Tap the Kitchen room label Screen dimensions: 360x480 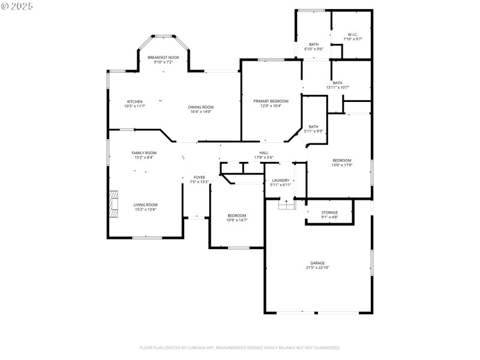tap(134, 101)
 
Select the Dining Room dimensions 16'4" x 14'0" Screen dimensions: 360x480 tap(202, 112)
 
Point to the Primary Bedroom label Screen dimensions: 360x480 tap(271, 101)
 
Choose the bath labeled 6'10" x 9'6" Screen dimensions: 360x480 tap(314, 46)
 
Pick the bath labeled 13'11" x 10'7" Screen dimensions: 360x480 tap(338, 85)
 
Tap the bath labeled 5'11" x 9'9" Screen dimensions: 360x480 tap(313, 128)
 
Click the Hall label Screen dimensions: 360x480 tap(263, 153)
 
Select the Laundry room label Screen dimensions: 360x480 tap(281, 180)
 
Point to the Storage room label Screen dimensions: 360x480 tap(329, 212)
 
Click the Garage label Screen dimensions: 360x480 tap(317, 263)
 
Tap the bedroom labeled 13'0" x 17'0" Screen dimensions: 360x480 tap(342, 163)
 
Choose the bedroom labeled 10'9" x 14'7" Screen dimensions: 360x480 tap(236, 217)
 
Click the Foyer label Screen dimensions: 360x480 tap(199, 178)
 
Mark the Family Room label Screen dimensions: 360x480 tap(144, 153)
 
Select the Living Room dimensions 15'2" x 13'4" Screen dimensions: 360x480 tap(145, 209)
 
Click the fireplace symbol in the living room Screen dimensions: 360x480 tap(113, 203)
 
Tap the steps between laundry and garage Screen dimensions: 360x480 tap(287, 205)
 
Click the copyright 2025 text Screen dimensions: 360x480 tap(17, 5)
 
